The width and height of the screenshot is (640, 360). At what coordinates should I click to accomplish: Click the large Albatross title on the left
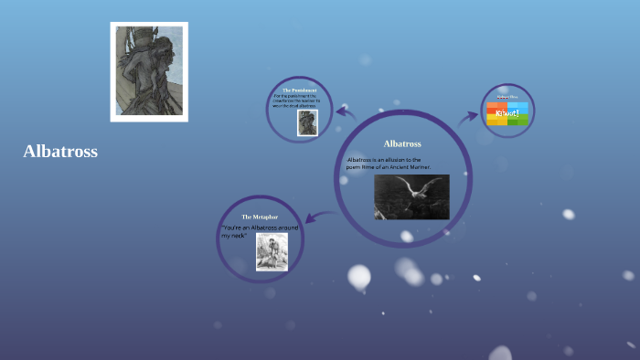(60, 152)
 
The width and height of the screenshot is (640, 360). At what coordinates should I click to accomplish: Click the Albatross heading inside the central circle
(402, 143)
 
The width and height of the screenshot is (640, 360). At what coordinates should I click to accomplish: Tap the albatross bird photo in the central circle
(411, 196)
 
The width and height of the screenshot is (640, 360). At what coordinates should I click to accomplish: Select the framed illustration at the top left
(149, 71)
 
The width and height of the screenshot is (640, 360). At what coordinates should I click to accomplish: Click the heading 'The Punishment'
(300, 90)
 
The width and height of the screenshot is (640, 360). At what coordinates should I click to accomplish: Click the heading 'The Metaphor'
(258, 217)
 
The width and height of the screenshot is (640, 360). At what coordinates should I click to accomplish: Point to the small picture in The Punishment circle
(307, 122)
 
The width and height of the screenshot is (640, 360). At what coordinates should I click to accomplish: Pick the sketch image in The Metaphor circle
(272, 251)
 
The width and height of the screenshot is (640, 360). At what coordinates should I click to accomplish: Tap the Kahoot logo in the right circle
(507, 113)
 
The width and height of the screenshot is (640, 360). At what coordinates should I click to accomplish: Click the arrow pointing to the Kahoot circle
(469, 117)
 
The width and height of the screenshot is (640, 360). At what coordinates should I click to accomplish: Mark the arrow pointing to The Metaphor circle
(318, 217)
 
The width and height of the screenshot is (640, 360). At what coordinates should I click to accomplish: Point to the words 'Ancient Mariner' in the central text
(409, 167)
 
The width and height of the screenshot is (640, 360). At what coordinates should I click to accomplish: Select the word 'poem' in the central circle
(355, 167)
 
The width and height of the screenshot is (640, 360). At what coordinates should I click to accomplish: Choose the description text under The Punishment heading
(300, 101)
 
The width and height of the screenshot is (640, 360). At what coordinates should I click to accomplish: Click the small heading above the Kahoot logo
(507, 96)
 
